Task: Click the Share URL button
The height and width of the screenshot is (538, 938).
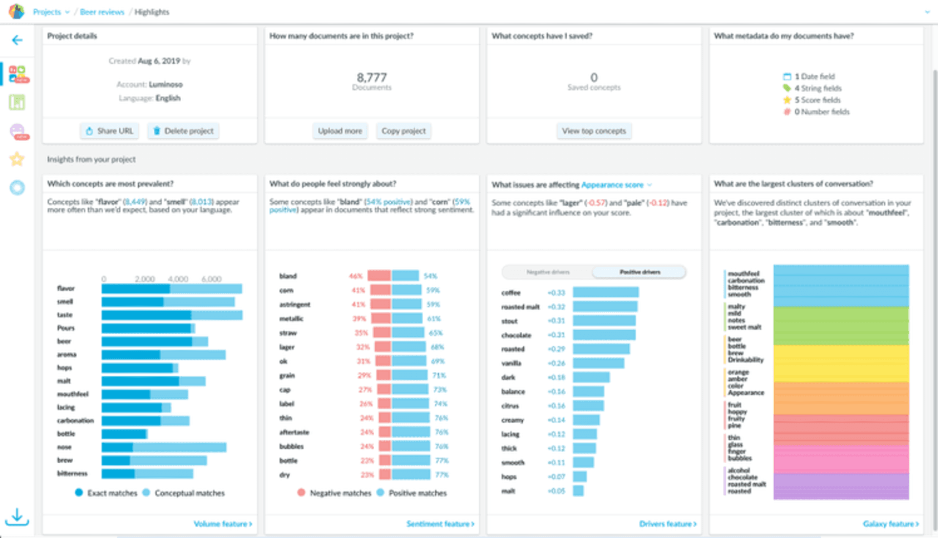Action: coord(110,131)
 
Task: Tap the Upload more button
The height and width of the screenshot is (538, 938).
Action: coord(340,131)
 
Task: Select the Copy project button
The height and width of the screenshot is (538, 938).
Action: coord(404,131)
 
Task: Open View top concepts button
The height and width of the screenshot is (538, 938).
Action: coord(594,131)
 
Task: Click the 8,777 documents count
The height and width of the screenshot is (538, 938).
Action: coord(371,78)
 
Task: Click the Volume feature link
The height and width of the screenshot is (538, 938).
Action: coord(223,524)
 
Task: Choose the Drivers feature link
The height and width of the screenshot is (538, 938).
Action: coord(667,524)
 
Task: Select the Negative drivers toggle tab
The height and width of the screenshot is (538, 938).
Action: coord(548,272)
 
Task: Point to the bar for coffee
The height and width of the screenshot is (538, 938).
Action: coord(605,293)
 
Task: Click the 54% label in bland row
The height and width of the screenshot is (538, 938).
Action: coord(430,276)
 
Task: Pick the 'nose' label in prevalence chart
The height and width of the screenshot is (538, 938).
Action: coord(64,447)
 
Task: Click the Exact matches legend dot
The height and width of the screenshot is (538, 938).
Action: coord(79,493)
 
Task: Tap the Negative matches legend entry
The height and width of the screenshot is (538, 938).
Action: coord(335,493)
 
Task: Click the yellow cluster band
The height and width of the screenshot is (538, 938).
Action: coord(841,364)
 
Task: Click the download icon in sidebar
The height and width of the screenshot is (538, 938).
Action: coord(17,517)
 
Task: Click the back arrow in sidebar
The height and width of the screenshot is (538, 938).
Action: coord(17,40)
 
